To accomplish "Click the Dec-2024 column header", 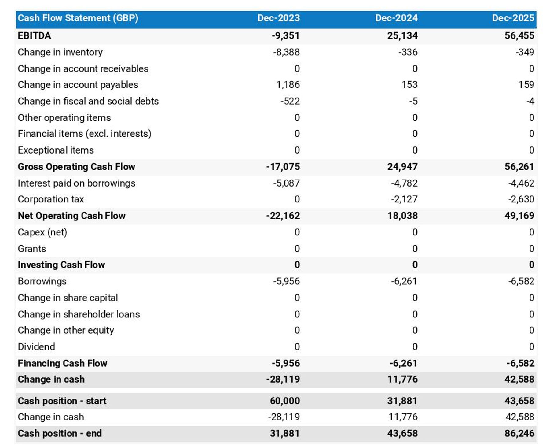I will (396, 18).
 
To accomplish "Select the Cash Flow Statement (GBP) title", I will (78, 18).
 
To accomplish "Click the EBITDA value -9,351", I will (285, 35).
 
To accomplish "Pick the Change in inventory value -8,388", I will (286, 52).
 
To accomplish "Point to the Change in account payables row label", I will (78, 85).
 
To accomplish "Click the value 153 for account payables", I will (409, 85).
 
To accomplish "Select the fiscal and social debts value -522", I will (290, 101).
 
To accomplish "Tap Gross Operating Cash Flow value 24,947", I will (402, 167).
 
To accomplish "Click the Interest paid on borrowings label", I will (76, 183).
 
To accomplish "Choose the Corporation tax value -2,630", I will (521, 199).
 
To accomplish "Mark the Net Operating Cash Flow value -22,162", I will (283, 216).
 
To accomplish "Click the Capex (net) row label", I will (42, 232).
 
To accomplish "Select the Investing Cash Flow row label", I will (61, 265).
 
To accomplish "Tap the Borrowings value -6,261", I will (404, 281).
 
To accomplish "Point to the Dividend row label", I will (36, 346).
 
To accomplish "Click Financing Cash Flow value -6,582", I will (520, 363).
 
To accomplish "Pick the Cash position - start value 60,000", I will (285, 401).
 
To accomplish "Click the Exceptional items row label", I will (56, 150).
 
